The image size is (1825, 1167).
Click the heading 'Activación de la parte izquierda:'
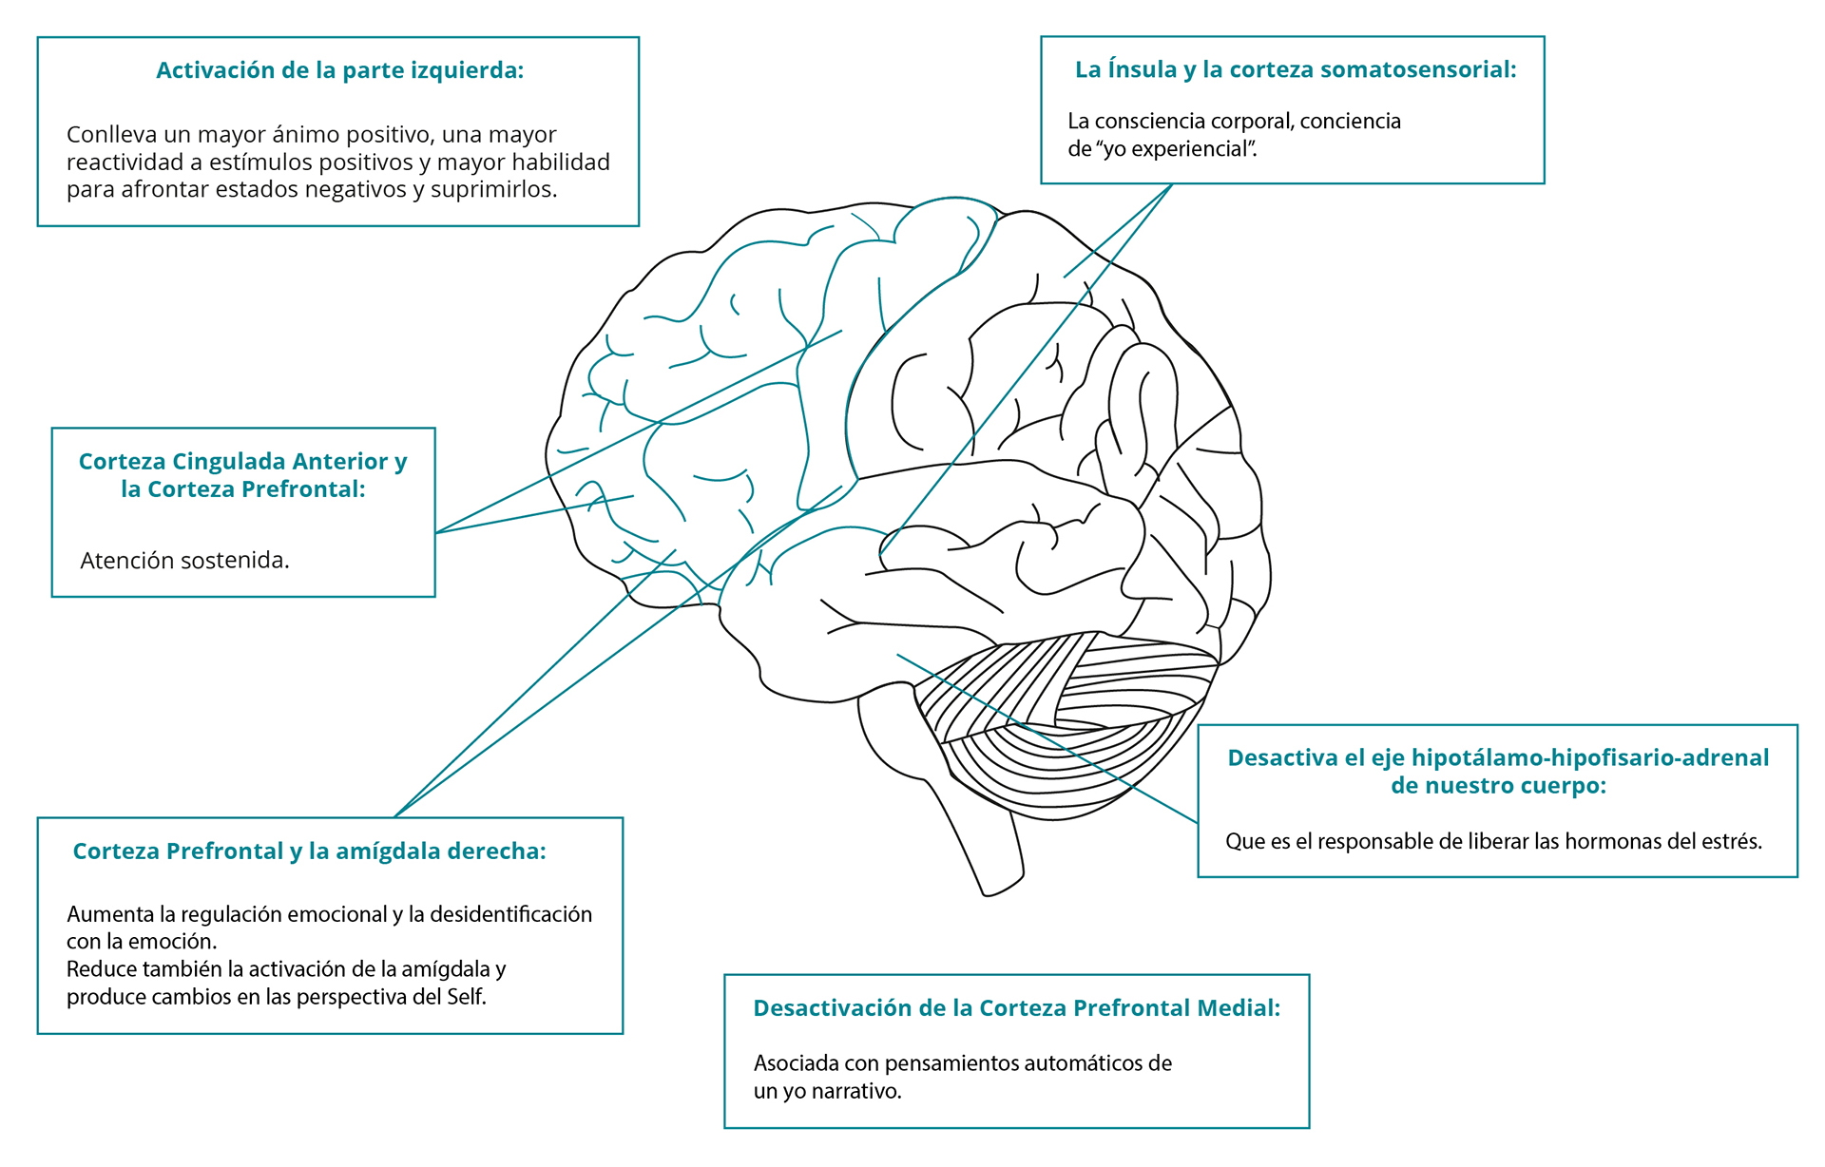pyautogui.click(x=340, y=70)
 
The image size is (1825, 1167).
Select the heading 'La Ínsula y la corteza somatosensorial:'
pyautogui.click(x=1296, y=69)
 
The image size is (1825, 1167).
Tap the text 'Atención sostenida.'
pyautogui.click(x=184, y=561)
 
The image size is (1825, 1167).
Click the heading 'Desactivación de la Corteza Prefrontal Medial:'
pyautogui.click(x=1017, y=1008)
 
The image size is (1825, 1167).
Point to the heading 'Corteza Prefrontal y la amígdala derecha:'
pyautogui.click(x=310, y=851)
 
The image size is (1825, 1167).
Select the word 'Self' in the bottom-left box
pyautogui.click(x=466, y=997)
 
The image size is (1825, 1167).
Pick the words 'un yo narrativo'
pyautogui.click(x=827, y=1091)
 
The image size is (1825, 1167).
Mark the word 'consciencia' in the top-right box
pyautogui.click(x=1145, y=122)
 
